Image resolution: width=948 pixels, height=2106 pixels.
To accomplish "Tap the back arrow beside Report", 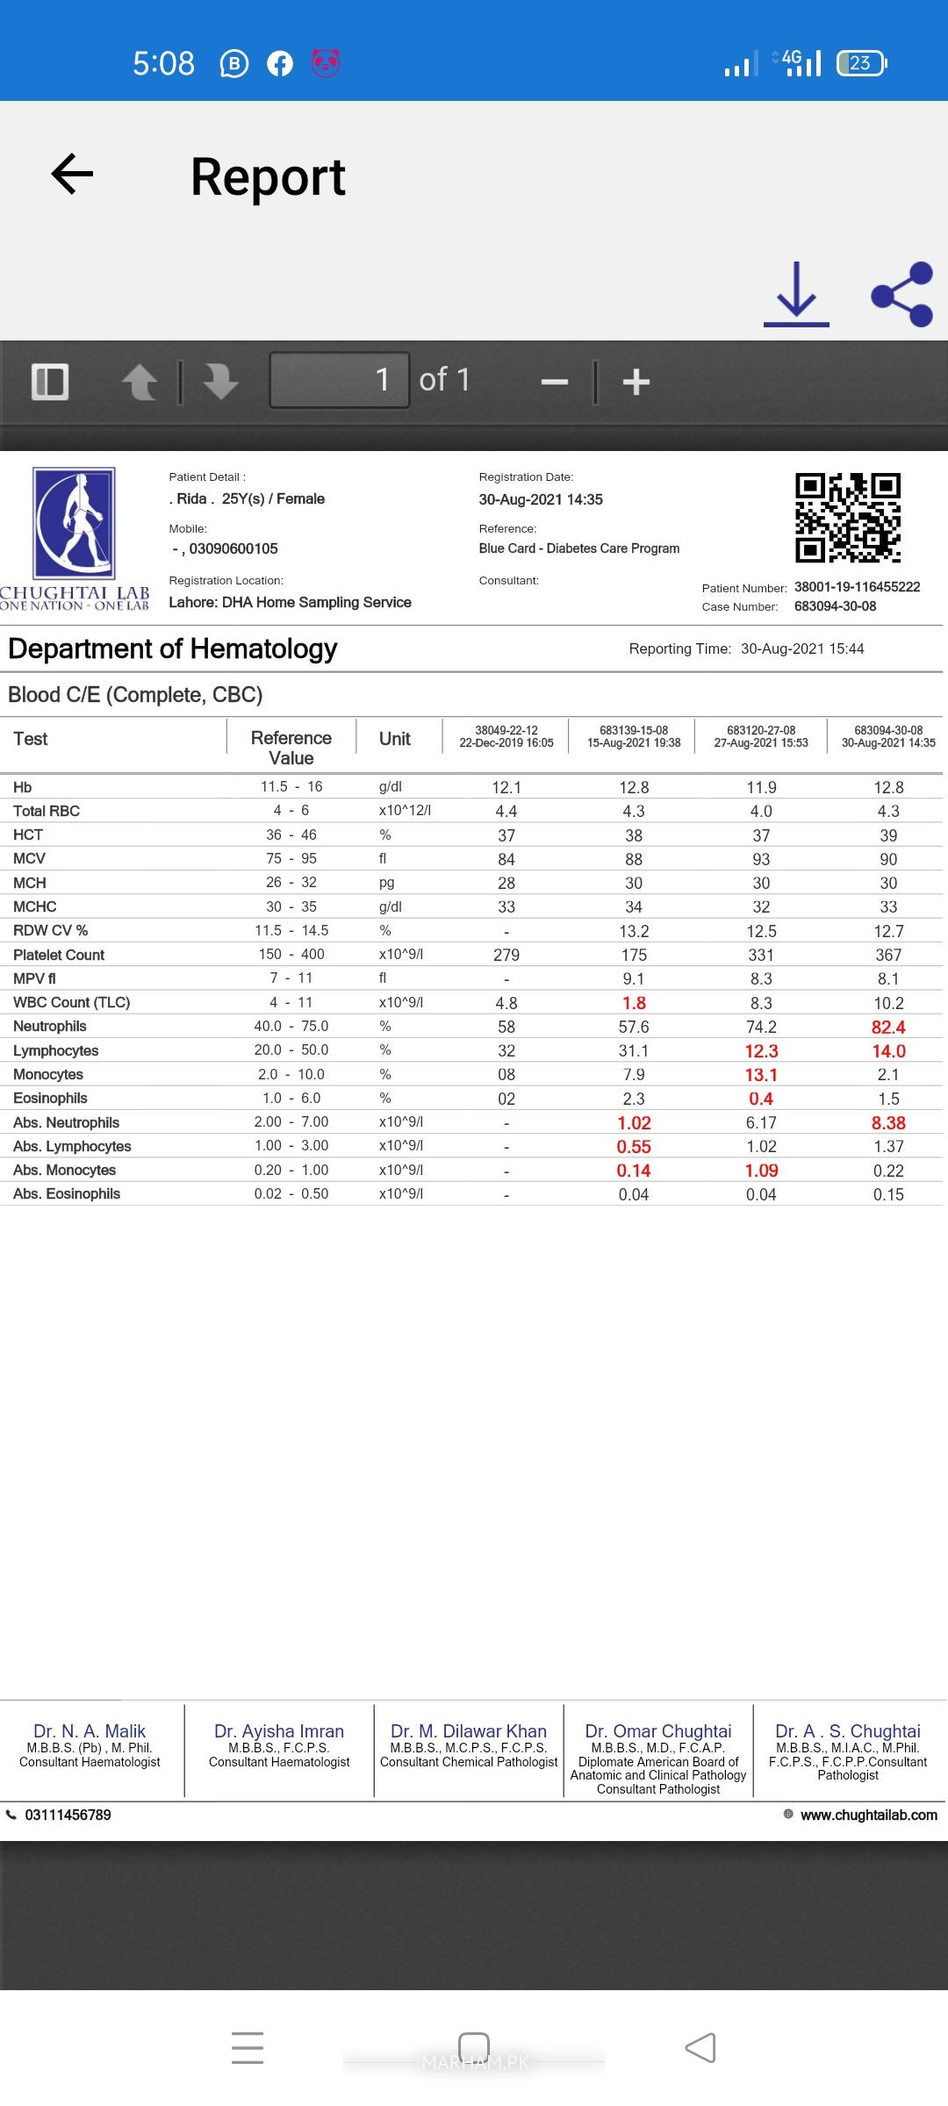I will click(73, 174).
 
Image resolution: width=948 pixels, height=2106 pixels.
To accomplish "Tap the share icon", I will click(901, 295).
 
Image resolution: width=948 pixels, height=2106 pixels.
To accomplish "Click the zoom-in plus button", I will click(636, 382).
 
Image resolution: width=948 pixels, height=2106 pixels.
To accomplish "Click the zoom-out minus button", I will click(555, 382).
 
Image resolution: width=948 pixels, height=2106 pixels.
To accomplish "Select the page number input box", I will click(340, 380).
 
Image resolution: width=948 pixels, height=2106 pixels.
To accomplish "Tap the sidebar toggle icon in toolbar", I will click(50, 382).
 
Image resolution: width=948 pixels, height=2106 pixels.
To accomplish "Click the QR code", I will click(848, 518).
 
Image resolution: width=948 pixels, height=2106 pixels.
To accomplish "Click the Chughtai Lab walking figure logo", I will click(75, 523).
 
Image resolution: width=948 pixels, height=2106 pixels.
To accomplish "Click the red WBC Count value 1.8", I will click(634, 1003).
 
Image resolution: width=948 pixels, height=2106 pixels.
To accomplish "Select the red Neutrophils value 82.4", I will click(888, 1028).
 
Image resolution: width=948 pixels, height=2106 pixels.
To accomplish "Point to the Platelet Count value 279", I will click(506, 955).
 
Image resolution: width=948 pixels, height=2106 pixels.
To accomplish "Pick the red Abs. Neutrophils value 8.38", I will click(888, 1123).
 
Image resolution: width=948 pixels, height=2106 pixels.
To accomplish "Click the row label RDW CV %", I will click(51, 930).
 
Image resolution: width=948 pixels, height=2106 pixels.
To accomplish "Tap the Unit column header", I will click(395, 739).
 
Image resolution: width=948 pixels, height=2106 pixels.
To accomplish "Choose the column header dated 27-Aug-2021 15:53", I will click(761, 737).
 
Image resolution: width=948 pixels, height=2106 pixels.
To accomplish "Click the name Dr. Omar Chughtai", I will click(658, 1731).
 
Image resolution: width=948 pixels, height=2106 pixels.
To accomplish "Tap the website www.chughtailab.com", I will click(868, 1815).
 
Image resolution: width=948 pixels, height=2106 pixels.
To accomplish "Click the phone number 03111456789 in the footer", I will click(68, 1815).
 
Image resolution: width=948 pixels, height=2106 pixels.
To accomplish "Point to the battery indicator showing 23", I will click(862, 63).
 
